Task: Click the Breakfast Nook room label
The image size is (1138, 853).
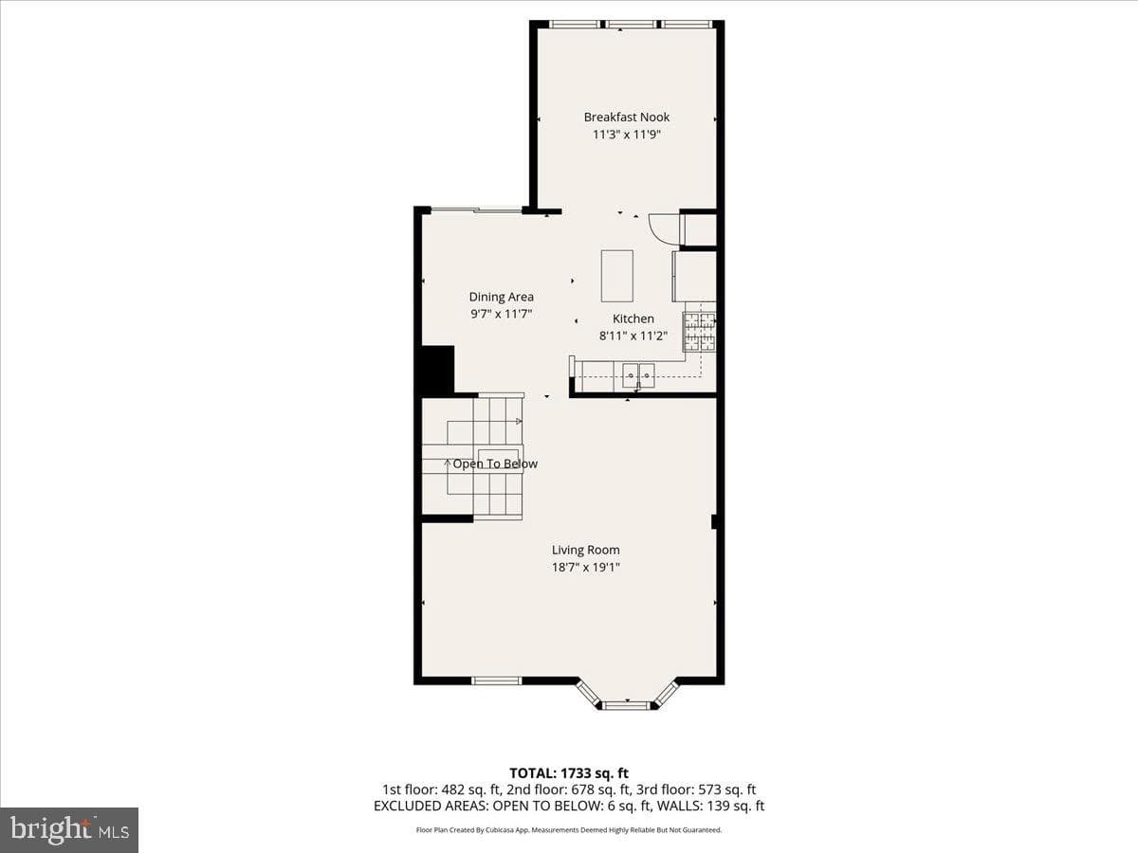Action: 626,117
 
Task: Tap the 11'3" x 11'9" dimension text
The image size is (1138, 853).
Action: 626,135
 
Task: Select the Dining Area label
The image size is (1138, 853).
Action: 501,297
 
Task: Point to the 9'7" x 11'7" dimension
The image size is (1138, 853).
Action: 501,314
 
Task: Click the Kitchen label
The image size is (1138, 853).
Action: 633,318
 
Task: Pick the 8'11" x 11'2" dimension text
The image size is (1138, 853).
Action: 633,336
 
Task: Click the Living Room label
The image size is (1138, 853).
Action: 585,550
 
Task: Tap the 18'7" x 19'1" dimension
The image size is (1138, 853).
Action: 585,567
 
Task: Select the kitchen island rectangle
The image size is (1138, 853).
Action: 617,276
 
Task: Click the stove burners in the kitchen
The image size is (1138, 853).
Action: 700,333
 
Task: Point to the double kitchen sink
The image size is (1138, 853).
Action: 638,376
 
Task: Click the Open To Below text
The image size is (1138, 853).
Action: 495,463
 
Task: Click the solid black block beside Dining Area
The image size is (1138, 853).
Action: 438,370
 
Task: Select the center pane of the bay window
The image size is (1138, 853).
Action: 627,705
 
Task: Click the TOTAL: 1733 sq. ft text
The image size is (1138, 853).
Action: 569,773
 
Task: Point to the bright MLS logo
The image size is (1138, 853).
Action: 69,830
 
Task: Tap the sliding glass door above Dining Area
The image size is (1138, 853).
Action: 476,209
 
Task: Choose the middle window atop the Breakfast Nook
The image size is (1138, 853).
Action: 630,24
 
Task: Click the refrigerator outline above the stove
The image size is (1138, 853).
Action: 695,276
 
